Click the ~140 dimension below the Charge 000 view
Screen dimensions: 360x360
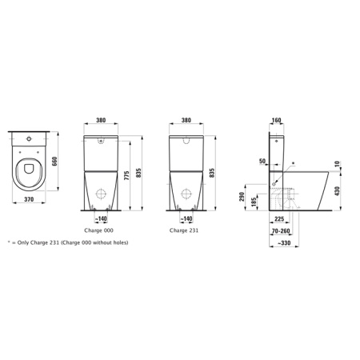(101, 218)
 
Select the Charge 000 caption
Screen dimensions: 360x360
(100, 230)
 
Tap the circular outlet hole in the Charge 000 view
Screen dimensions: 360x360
(102, 194)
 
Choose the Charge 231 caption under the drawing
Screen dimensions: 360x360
(186, 230)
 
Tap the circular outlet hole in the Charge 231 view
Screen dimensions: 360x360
(186, 194)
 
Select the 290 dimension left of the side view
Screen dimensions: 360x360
(241, 195)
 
